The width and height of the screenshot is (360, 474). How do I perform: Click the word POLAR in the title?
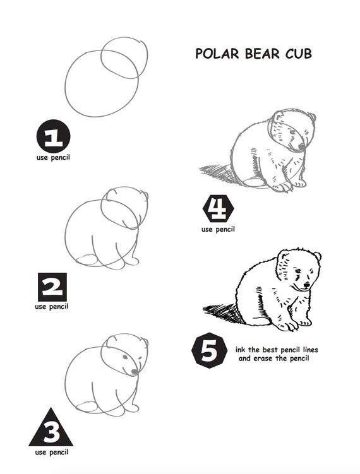(x=217, y=54)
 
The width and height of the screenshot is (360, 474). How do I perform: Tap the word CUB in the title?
(x=299, y=54)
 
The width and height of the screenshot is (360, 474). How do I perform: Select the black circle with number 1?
(x=53, y=136)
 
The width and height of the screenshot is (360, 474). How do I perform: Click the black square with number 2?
(x=52, y=287)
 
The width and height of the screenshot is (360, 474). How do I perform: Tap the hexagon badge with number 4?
(x=218, y=208)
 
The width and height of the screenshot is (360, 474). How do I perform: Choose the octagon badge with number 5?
(x=209, y=351)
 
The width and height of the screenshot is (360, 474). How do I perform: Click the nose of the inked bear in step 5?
(x=306, y=285)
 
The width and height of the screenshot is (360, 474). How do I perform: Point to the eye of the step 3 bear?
(x=125, y=357)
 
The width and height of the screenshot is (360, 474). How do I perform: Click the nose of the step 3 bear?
(x=134, y=371)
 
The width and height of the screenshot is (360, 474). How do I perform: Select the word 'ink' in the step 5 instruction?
(x=240, y=350)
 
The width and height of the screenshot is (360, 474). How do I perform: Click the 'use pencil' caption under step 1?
(x=53, y=158)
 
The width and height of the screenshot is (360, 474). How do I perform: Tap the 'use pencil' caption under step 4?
(x=218, y=230)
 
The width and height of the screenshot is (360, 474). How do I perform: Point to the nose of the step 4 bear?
(x=301, y=147)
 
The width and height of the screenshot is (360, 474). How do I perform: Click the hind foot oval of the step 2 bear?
(x=87, y=260)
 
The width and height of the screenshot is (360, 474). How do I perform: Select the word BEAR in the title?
(x=262, y=54)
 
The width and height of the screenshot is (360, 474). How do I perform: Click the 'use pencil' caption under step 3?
(x=52, y=453)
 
